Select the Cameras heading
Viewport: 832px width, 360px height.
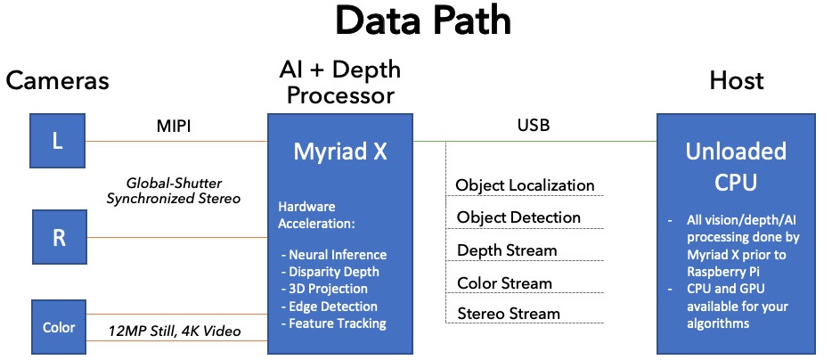(57, 81)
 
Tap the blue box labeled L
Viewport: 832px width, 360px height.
(58, 141)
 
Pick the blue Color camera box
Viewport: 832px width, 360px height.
(58, 327)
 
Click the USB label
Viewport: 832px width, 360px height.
(533, 126)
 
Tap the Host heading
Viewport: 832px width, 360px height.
(737, 81)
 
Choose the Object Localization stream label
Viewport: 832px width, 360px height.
(525, 185)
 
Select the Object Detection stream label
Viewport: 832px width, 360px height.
(518, 217)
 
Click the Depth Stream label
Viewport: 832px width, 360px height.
(507, 250)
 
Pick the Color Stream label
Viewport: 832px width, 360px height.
(505, 283)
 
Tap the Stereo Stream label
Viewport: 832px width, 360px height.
(509, 314)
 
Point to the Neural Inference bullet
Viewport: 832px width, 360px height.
(333, 255)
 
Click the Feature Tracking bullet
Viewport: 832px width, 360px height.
(333, 323)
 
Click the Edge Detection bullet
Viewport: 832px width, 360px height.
(328, 307)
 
